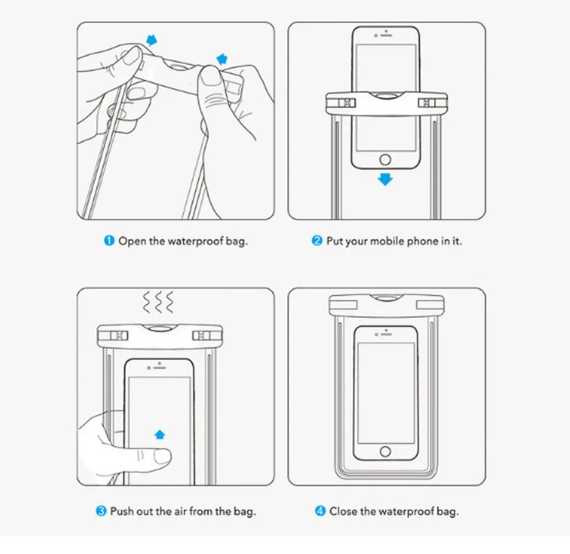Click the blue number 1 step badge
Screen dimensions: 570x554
(x=109, y=240)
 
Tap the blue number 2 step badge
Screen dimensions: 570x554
(x=317, y=240)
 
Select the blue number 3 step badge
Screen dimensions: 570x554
(x=101, y=511)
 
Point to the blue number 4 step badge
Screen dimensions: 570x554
(x=320, y=511)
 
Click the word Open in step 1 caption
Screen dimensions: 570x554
(x=132, y=241)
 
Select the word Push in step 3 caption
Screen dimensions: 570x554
(x=122, y=512)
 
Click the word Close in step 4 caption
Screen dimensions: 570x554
(x=343, y=512)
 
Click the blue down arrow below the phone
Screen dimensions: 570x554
(x=385, y=179)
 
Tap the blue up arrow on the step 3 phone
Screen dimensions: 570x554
(x=160, y=435)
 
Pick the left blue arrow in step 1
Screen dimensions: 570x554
(x=151, y=40)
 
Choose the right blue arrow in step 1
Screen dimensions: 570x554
(x=222, y=59)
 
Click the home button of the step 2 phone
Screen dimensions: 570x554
(x=385, y=159)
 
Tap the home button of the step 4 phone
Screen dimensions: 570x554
(x=385, y=452)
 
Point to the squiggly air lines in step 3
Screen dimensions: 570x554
(x=158, y=302)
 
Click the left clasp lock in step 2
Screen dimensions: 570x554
(x=347, y=103)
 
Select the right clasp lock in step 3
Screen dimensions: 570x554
(x=201, y=335)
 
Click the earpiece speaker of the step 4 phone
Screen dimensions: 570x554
(x=387, y=334)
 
